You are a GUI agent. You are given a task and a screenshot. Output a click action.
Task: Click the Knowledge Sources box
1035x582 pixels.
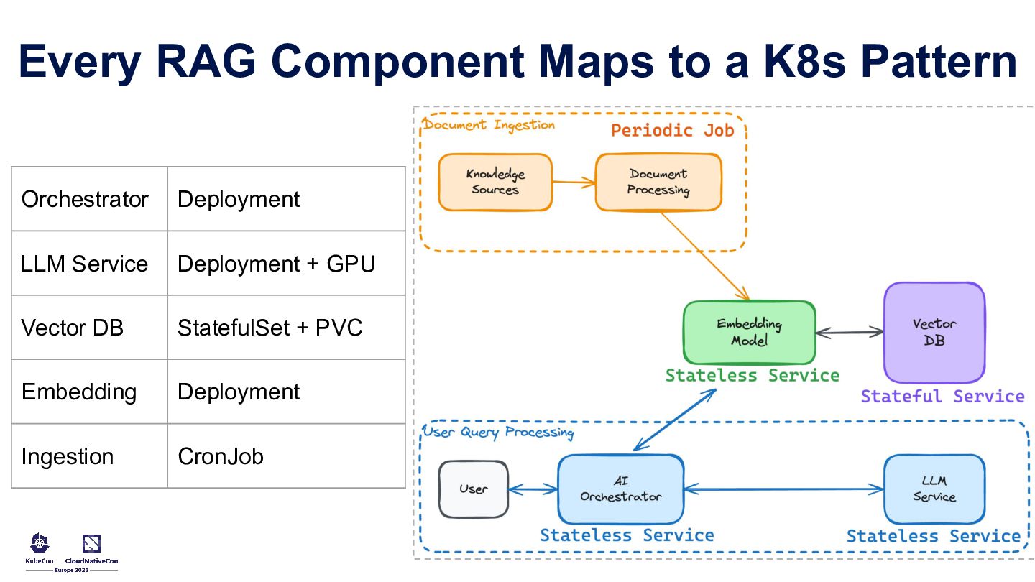tap(495, 182)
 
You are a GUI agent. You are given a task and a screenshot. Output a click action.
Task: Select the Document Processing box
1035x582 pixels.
tap(658, 182)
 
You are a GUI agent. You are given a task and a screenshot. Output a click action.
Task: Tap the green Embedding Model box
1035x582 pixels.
tap(749, 333)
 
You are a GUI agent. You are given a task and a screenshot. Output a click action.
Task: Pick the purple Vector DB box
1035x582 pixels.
tap(934, 332)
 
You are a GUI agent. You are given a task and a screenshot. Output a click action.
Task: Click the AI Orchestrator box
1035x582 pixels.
tap(620, 489)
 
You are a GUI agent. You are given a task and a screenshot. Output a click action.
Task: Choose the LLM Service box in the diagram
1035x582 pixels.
tap(934, 489)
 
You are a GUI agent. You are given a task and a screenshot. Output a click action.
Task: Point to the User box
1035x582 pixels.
tap(473, 489)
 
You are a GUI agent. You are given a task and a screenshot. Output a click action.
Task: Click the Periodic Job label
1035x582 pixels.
tap(672, 130)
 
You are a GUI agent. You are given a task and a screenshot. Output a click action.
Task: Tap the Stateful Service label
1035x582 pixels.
tap(942, 396)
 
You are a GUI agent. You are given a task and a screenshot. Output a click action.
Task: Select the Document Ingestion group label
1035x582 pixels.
tap(489, 125)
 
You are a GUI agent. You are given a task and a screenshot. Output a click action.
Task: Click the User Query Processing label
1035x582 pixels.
tap(498, 432)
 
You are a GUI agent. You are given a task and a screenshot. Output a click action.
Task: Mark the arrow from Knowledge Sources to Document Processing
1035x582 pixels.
tap(574, 183)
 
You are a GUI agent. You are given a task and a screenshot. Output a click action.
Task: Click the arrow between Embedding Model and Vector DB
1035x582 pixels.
tap(850, 333)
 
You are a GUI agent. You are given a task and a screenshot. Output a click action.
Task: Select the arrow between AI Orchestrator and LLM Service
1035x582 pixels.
tap(783, 490)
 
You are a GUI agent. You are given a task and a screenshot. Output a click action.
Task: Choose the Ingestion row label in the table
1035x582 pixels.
tap(68, 456)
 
